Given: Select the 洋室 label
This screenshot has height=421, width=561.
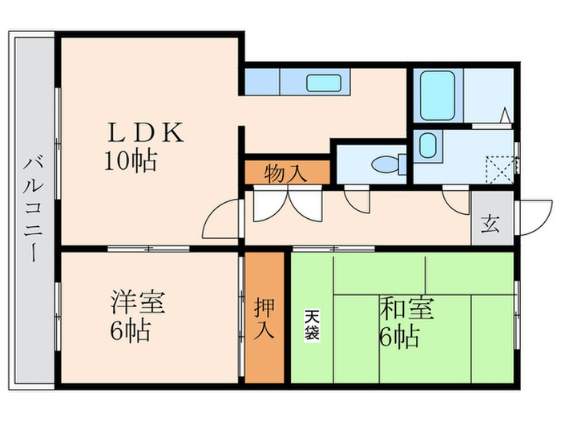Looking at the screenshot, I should (138, 304).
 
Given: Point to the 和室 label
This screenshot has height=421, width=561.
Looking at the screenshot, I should (406, 309).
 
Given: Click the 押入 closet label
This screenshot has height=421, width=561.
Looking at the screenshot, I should (265, 318).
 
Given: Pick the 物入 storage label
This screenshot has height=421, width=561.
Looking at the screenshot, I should (285, 172).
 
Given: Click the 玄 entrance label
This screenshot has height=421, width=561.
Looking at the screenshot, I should (490, 223).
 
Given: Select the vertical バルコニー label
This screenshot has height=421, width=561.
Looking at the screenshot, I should (34, 209).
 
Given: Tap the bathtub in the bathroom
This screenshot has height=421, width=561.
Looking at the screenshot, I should (438, 96).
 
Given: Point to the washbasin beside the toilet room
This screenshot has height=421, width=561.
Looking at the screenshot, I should (428, 147).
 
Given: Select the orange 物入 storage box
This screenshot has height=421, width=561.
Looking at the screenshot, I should (286, 172).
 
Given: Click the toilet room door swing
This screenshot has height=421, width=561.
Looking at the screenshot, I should (356, 197).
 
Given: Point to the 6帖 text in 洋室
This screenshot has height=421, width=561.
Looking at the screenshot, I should (131, 330).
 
